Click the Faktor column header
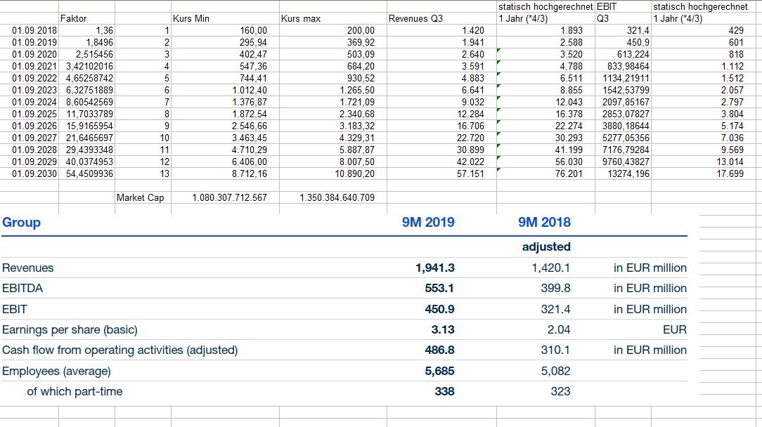[x=74, y=18]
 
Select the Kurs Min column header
[x=190, y=18]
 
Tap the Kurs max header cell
[x=300, y=18]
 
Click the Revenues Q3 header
[x=415, y=18]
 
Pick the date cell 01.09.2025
[x=34, y=114]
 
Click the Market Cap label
[x=140, y=197]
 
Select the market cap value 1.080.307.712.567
[x=229, y=197]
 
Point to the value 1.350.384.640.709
[x=337, y=197]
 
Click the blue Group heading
[x=22, y=223]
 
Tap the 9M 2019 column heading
[x=428, y=223]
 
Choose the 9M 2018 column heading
[x=544, y=223]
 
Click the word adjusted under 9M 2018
[x=546, y=247]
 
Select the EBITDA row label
[x=22, y=288]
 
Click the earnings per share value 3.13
[x=443, y=329]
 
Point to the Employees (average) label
[x=56, y=371]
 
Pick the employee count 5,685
[x=439, y=371]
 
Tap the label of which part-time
[x=75, y=391]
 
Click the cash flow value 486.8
[x=439, y=350]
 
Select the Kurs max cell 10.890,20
[x=354, y=173]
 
